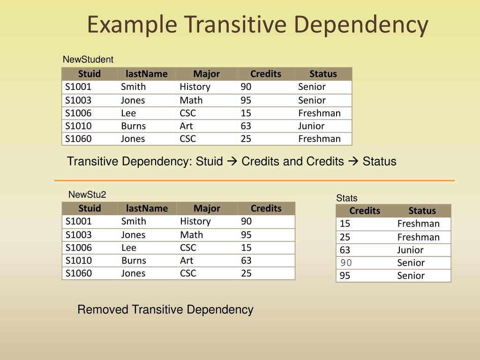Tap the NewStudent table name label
pos(88,60)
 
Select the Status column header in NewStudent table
pos(323,74)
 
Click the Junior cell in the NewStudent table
pos(311,126)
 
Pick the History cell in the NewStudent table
pos(195,87)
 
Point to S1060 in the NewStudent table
pos(78,139)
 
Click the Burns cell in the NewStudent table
pos(133,126)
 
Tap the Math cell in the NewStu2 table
pos(191,234)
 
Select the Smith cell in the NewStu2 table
pos(134,221)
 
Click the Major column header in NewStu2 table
pos(207,208)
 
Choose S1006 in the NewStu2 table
pos(79,247)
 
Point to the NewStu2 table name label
pos(87,195)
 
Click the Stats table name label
pos(346,198)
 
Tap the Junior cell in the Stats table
pos(410,250)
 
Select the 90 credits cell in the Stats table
pos(346,262)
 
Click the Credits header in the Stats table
pos(365,210)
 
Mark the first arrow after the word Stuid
pos(232,162)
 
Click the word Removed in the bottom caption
pos(103,309)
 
